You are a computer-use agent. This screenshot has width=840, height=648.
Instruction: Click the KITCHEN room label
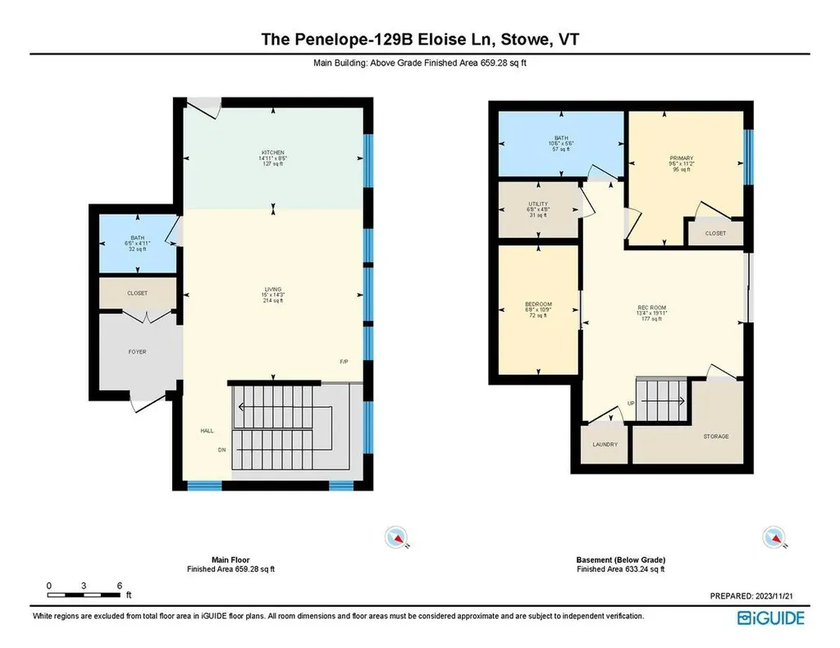click(x=273, y=153)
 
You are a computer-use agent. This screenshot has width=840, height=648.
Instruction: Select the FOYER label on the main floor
click(x=137, y=352)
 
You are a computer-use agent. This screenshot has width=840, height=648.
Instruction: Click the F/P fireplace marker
click(x=345, y=362)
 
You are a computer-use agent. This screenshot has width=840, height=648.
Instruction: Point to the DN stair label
click(x=221, y=449)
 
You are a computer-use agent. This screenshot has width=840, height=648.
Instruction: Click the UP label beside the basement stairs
click(x=630, y=404)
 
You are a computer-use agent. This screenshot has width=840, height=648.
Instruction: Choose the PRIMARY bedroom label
click(x=682, y=158)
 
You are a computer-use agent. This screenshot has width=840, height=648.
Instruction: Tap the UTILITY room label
click(x=538, y=204)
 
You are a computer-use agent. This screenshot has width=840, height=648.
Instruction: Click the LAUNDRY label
click(x=605, y=445)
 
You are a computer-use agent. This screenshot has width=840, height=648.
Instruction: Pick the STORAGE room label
click(x=715, y=436)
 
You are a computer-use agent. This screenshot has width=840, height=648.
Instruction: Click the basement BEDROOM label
click(x=538, y=304)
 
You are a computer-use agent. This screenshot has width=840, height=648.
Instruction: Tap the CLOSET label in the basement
click(x=715, y=233)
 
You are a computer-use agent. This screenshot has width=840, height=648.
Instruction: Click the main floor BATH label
click(x=137, y=238)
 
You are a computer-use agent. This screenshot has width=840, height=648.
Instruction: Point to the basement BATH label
click(x=561, y=139)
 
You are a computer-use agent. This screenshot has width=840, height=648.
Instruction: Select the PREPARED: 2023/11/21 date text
click(x=756, y=596)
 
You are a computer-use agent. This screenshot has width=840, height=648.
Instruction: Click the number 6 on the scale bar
click(x=120, y=585)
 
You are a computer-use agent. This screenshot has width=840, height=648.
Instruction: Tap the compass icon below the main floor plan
click(x=398, y=537)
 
